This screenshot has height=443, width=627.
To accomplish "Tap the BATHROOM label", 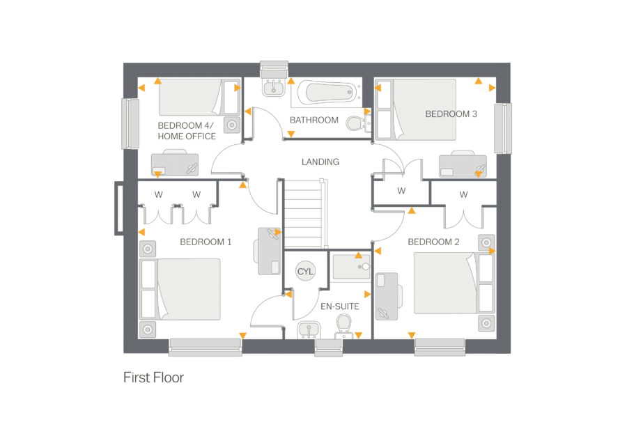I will click(x=314, y=120).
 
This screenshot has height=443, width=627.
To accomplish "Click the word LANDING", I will click(x=320, y=162).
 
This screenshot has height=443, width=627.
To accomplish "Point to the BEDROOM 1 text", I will click(x=206, y=242).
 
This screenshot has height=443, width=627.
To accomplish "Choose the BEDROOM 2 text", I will click(x=433, y=242).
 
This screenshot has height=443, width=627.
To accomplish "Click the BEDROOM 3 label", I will click(x=451, y=114).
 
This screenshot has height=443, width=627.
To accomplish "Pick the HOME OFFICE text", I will click(x=187, y=137).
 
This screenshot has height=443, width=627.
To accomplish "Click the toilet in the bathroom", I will click(x=356, y=123).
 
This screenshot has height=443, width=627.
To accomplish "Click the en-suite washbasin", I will click(x=308, y=329).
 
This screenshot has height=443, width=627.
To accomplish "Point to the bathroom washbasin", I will click(x=274, y=87).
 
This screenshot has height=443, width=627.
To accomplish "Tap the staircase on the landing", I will click(x=304, y=212).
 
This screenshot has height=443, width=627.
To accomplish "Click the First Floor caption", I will click(x=153, y=378).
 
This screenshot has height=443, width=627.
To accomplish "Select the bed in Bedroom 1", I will click(x=181, y=289).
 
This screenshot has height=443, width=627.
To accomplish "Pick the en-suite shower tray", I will click(x=351, y=267).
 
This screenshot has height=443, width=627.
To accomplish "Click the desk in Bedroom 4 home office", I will click(x=175, y=164).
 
